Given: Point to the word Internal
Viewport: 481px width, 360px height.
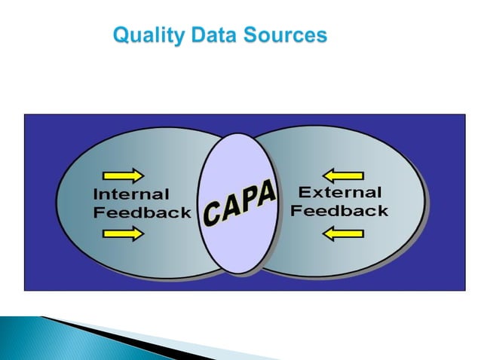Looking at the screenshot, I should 130,194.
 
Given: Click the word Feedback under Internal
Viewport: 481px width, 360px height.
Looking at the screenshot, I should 142,212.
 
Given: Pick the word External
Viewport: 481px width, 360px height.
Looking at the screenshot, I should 340,192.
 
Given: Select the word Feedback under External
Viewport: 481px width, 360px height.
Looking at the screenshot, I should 339,210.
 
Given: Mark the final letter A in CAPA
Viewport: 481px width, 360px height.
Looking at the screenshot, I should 267,194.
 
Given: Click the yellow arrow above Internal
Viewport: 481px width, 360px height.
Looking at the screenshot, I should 129,175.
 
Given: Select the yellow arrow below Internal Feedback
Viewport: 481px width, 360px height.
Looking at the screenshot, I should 129,234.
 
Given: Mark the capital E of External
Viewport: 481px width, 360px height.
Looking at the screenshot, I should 305,192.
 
